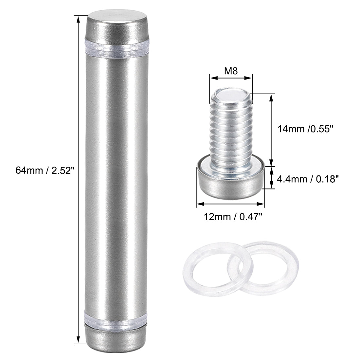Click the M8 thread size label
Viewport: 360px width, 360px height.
(231, 71)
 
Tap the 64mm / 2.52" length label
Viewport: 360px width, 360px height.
(45, 171)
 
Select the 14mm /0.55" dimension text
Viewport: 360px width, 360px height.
(305, 129)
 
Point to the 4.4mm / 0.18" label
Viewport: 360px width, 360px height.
(308, 179)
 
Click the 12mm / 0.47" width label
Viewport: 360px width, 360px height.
(233, 217)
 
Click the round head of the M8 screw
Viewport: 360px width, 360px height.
(231, 180)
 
